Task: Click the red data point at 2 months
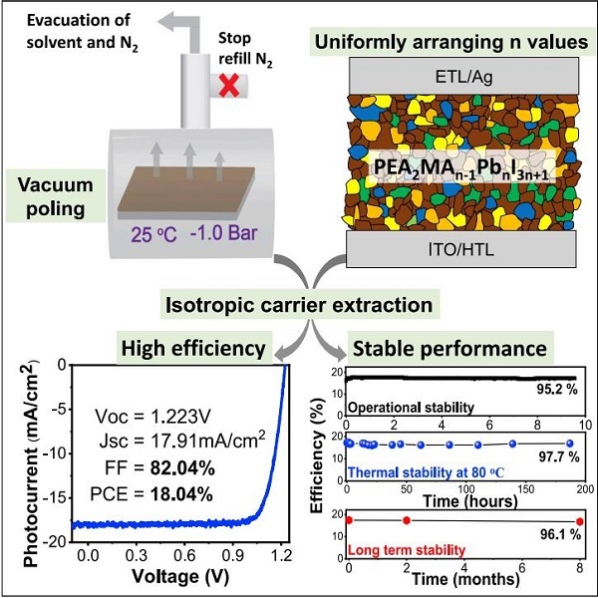[x=407, y=520]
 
